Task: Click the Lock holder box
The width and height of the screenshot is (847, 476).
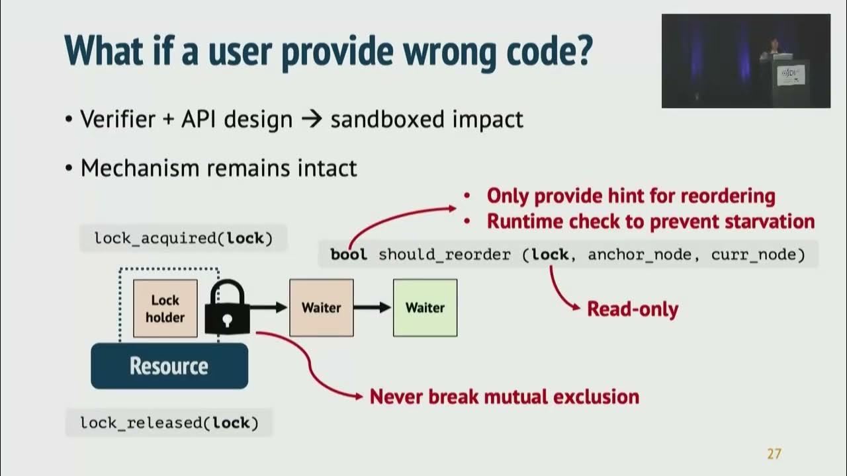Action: (x=165, y=308)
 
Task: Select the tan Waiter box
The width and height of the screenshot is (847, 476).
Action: (x=321, y=307)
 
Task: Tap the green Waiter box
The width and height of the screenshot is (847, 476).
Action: (x=425, y=307)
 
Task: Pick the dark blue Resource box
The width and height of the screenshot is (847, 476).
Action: (x=169, y=366)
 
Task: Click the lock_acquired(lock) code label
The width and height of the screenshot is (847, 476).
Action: (x=183, y=238)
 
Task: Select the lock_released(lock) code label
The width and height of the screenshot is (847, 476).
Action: (x=169, y=422)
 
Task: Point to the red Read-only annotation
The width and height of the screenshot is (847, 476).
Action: (x=633, y=309)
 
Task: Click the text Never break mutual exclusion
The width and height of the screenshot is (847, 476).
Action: (x=504, y=397)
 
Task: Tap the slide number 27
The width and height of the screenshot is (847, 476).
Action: (x=774, y=454)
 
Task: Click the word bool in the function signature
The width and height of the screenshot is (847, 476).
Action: (x=348, y=255)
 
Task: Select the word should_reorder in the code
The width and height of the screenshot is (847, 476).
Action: (x=444, y=255)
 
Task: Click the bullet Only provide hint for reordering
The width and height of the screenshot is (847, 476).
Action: (x=631, y=196)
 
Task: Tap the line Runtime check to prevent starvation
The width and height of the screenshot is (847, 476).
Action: (x=650, y=221)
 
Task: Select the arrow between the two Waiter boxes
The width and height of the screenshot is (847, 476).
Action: (x=373, y=307)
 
